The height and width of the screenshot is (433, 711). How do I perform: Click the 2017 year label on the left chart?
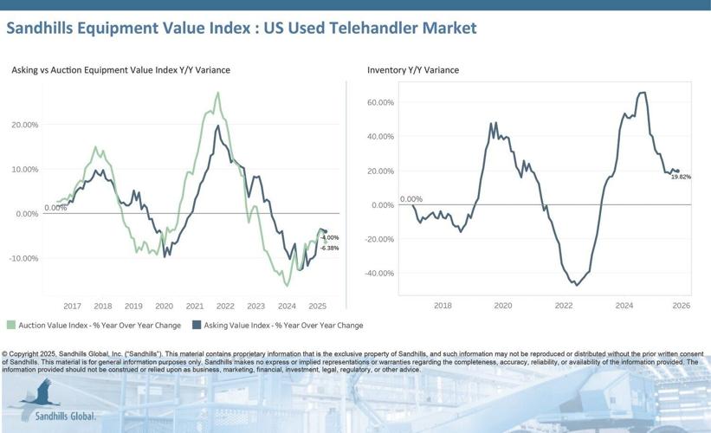click(x=72, y=306)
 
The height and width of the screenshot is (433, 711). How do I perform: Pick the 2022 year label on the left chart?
click(x=225, y=306)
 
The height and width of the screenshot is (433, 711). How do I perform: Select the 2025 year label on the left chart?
click(x=316, y=306)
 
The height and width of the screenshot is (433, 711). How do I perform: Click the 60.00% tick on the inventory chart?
click(x=380, y=102)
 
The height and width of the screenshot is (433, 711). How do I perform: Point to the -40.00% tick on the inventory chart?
click(x=379, y=273)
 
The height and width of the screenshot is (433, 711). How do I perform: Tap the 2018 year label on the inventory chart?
click(x=443, y=306)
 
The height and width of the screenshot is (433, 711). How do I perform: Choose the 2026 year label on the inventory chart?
click(x=680, y=306)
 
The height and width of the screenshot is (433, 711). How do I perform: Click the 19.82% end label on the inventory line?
click(x=680, y=177)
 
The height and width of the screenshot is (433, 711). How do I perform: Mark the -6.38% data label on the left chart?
click(x=329, y=248)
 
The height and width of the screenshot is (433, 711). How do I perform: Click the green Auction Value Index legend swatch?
click(x=10, y=326)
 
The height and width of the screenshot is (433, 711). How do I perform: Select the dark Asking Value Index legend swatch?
click(x=197, y=326)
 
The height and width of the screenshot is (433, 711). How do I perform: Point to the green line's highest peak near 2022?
click(x=217, y=93)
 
